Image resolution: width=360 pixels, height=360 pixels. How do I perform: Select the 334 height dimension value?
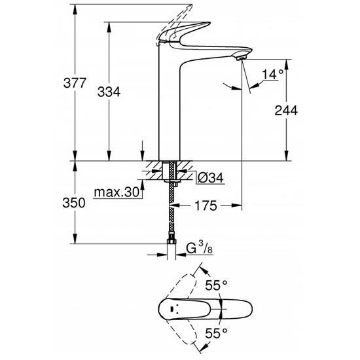(109, 92)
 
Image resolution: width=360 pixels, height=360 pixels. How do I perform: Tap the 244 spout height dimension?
(286, 111)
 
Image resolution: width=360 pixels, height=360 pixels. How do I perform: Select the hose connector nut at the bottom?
(172, 245)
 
